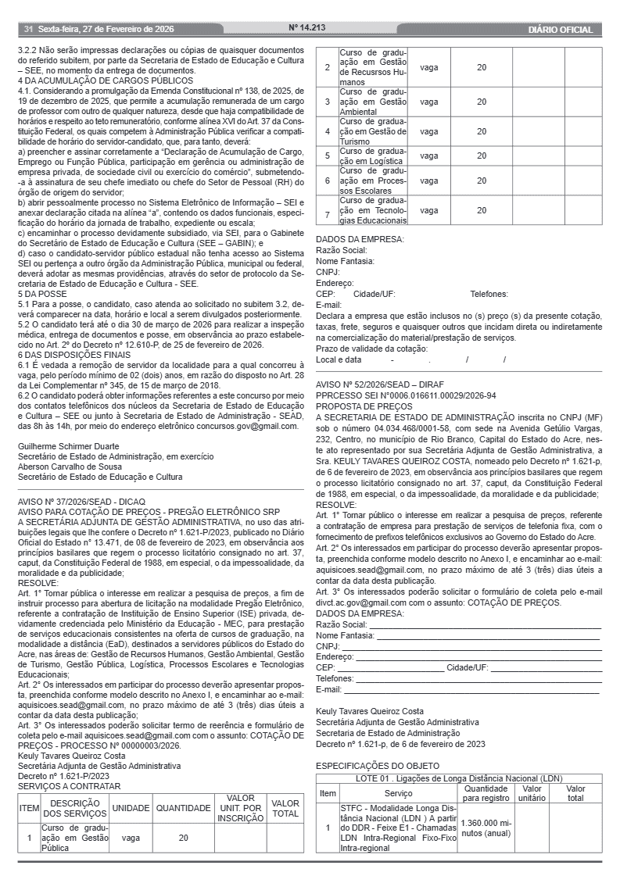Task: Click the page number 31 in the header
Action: pos(28,30)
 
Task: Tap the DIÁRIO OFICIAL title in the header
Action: pos(560,30)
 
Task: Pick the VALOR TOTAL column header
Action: pos(285,808)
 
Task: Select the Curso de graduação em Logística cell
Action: pos(372,156)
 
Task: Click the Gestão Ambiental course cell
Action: pos(372,102)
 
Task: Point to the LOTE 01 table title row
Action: pos(459,779)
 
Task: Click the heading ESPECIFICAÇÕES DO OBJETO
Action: pos(378,766)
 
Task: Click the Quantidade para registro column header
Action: pos(486,794)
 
